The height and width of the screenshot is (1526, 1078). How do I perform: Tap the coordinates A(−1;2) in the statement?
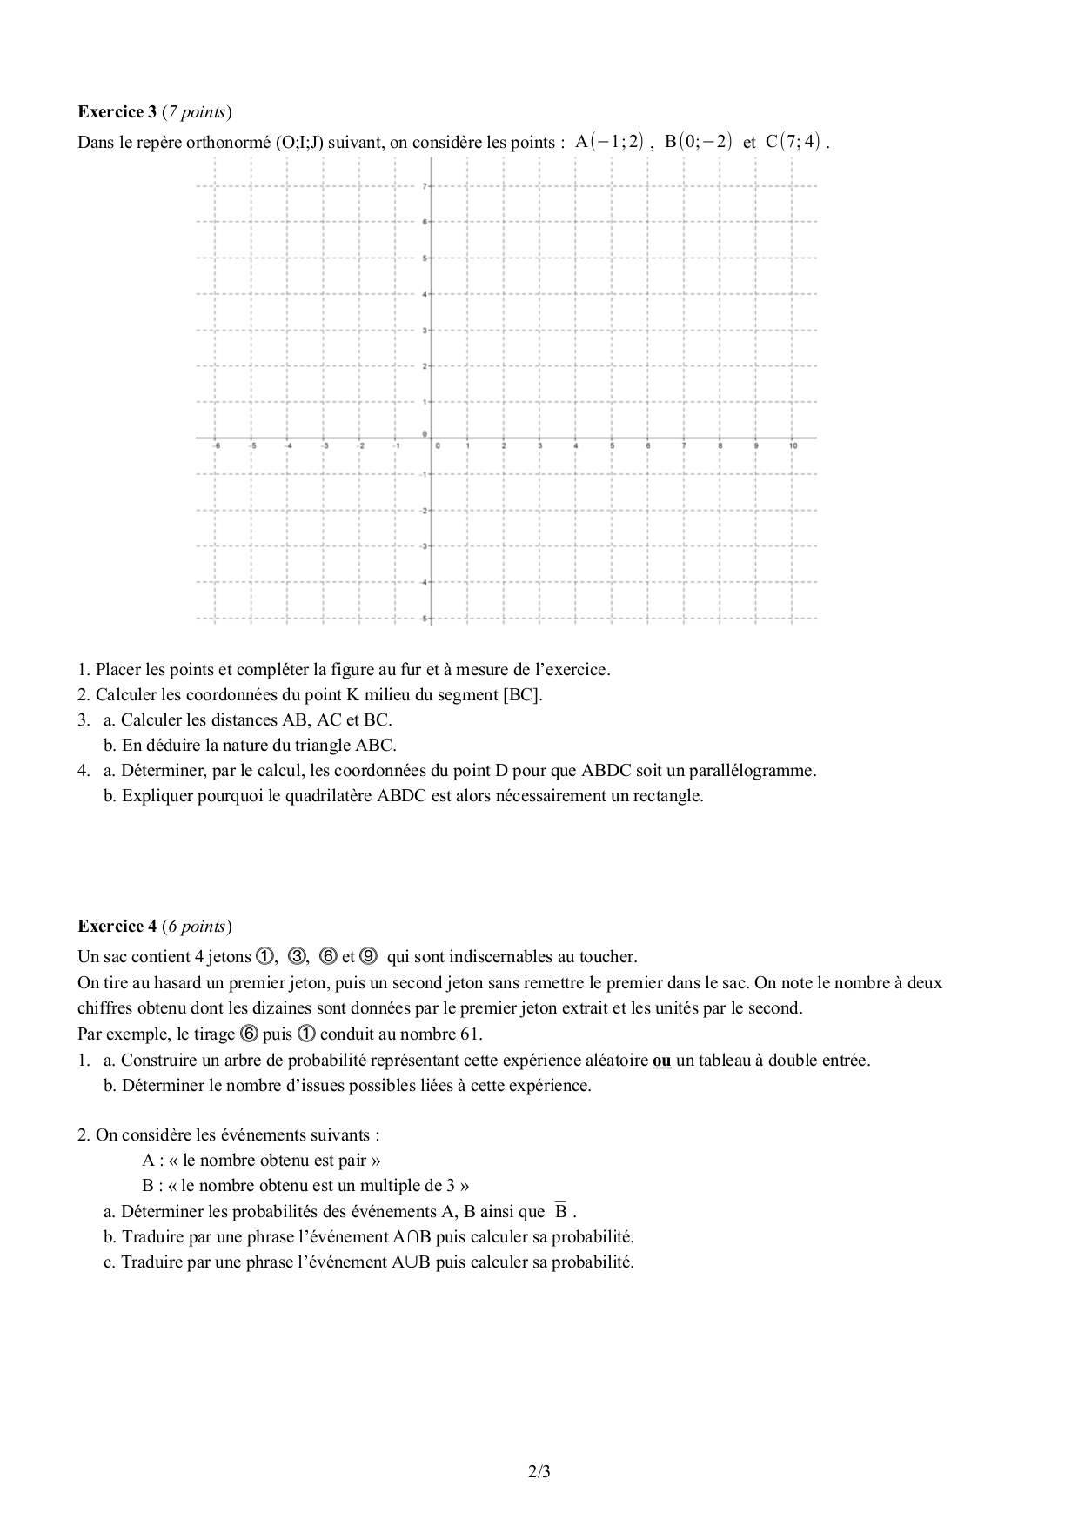pos(609,142)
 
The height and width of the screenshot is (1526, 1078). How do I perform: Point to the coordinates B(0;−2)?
pos(699,142)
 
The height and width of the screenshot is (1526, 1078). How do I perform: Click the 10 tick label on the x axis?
pos(793,446)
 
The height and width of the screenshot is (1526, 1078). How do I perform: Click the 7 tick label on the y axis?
pos(424,186)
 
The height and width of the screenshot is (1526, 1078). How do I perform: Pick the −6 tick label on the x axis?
pos(217,446)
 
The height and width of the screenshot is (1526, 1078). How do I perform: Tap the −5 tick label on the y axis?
pos(423,619)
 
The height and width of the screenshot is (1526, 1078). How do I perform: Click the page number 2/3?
pos(539,1472)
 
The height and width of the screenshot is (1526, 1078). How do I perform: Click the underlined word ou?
pos(661,1061)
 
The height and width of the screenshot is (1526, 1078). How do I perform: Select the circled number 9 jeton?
pos(367,957)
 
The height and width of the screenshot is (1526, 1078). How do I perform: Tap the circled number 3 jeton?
pos(297,957)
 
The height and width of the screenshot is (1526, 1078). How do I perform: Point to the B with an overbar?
pos(561,1210)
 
